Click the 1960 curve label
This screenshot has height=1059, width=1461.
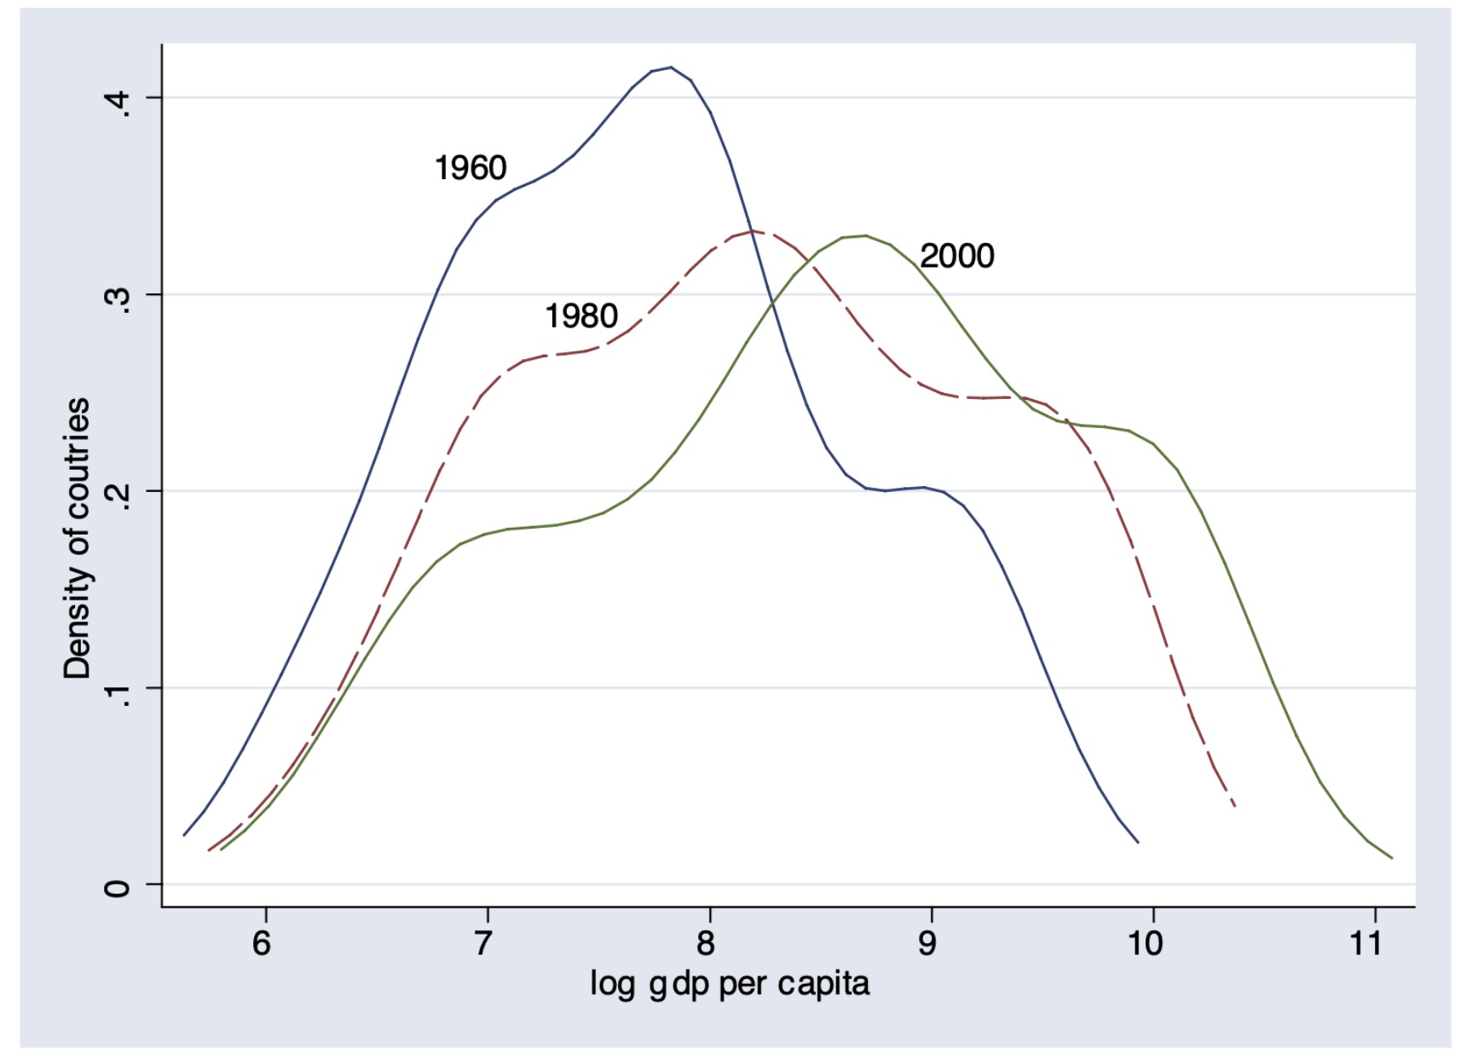click(471, 167)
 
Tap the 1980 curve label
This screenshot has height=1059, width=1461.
click(581, 316)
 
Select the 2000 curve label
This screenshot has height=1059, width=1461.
click(956, 256)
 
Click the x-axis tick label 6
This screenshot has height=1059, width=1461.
click(262, 943)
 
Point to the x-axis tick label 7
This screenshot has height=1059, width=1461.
click(483, 943)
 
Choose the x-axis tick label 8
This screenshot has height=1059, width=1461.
click(706, 943)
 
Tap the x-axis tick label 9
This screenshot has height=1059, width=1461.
click(927, 943)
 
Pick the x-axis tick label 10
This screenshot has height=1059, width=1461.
click(1146, 943)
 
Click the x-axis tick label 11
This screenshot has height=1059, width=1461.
click(1366, 943)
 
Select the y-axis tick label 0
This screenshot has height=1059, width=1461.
click(117, 888)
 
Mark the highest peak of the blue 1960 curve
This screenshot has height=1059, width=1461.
click(671, 67)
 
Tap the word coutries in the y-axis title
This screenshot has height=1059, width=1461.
click(77, 457)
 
